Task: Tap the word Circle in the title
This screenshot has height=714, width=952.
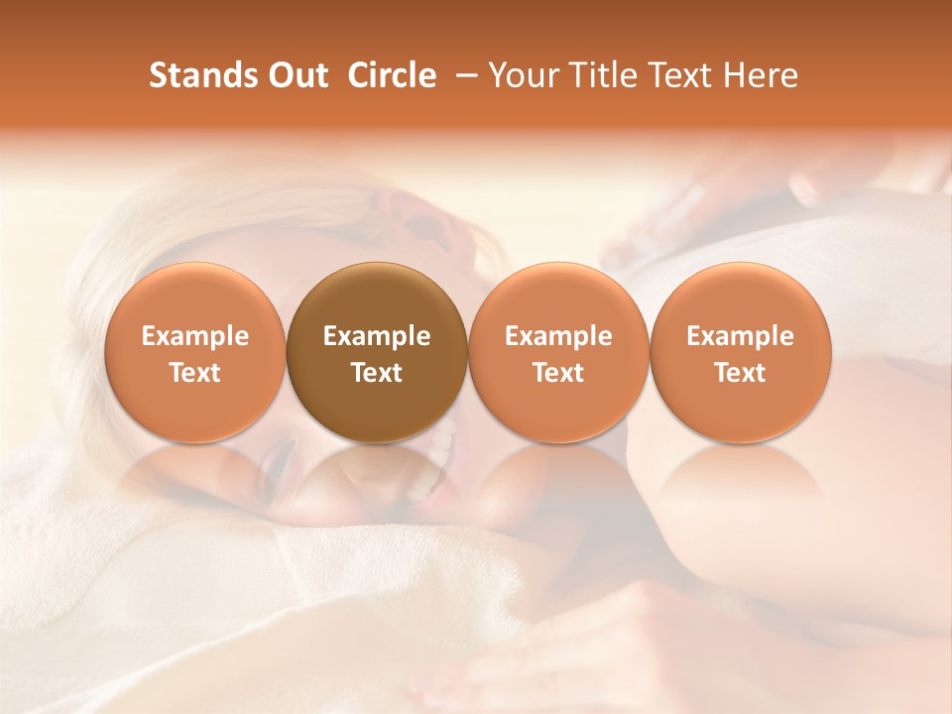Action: [392, 75]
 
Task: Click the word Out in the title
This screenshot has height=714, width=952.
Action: [295, 75]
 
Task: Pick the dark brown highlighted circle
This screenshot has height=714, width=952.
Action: [377, 353]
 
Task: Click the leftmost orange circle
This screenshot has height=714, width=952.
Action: [195, 353]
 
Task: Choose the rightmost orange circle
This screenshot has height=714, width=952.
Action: [741, 353]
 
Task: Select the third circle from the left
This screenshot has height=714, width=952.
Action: [558, 353]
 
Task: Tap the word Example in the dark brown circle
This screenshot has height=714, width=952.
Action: [377, 336]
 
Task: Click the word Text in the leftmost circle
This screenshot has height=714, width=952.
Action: [195, 373]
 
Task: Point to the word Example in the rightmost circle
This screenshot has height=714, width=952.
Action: [741, 336]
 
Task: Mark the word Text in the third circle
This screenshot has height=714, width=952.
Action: [558, 373]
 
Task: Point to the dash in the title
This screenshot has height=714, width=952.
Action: [464, 75]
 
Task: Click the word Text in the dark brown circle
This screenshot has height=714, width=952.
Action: [377, 373]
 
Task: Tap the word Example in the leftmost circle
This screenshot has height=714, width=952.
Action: [195, 336]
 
